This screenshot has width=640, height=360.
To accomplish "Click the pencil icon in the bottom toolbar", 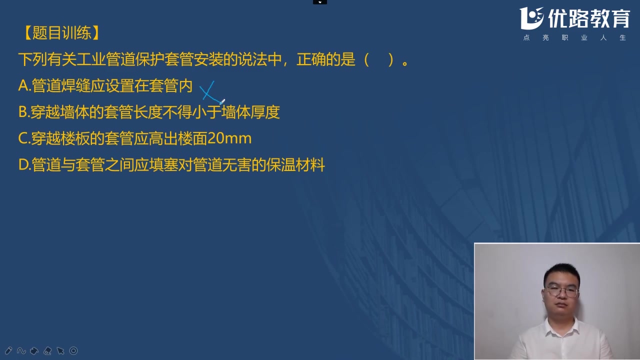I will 8,351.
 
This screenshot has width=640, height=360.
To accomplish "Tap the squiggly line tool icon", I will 21,351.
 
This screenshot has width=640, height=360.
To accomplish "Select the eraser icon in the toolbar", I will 47,351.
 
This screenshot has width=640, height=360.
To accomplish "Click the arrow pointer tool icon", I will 60,351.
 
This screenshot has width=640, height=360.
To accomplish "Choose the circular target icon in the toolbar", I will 73,351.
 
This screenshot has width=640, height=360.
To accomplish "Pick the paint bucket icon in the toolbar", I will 34,351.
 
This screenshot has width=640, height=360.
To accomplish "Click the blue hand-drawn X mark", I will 208,92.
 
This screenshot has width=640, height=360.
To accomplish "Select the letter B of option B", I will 23,112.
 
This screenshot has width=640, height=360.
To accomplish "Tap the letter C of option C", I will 23,138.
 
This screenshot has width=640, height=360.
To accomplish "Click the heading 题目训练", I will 61,33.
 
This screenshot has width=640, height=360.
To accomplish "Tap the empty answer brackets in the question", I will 379,60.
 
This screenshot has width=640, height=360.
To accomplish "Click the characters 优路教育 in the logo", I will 588,18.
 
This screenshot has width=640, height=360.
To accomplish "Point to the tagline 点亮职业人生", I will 574,38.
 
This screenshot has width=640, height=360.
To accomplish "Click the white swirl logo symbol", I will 531,18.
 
